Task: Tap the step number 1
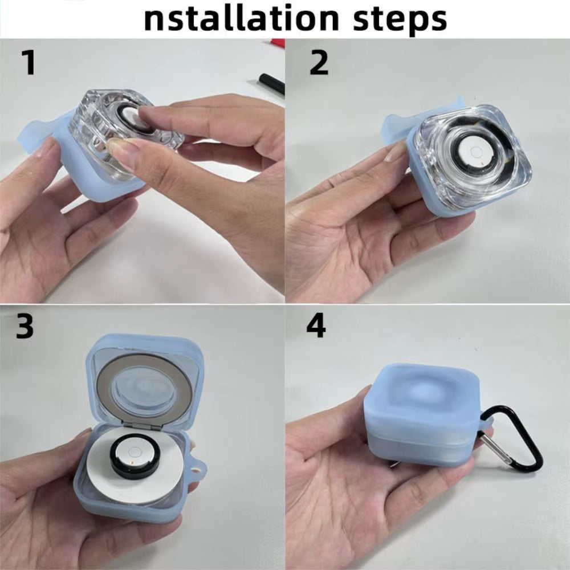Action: point(28,63)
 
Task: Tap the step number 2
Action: point(319,63)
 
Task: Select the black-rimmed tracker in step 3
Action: point(134,453)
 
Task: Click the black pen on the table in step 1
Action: point(271,84)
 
